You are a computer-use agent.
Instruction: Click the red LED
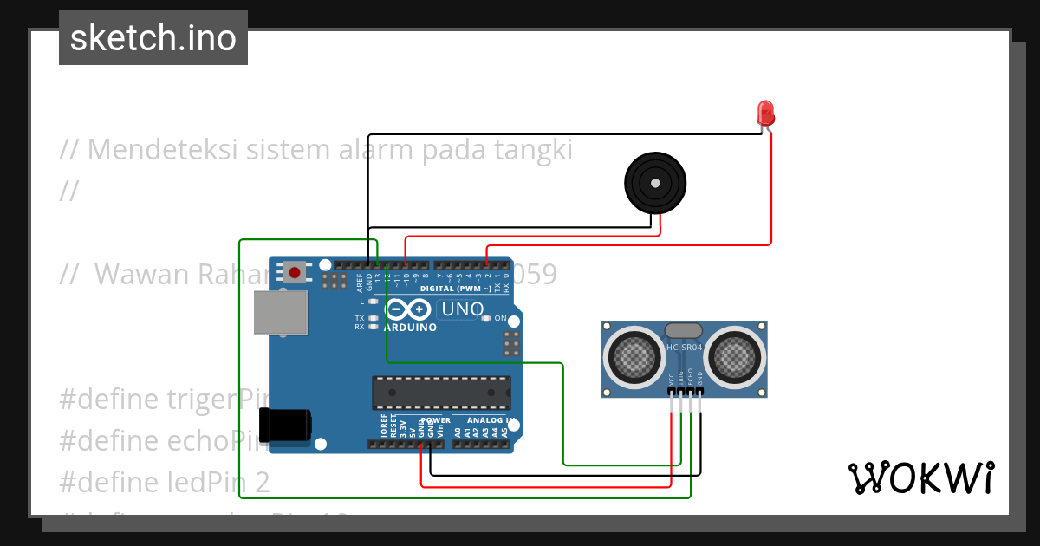(x=765, y=113)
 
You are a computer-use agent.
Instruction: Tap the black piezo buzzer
(x=655, y=183)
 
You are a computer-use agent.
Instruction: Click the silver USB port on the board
(x=280, y=312)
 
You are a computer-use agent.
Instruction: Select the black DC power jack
(x=289, y=425)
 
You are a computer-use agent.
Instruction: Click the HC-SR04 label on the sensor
(x=684, y=348)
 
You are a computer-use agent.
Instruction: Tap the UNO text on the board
(x=462, y=309)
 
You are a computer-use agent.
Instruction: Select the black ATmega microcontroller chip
(x=441, y=393)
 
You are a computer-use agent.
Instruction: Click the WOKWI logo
(x=920, y=478)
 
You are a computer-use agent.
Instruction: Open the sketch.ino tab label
(x=153, y=38)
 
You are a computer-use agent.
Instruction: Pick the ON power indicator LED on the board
(x=487, y=319)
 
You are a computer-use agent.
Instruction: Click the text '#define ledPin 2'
(x=165, y=483)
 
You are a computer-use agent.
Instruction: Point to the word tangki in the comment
(x=533, y=150)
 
